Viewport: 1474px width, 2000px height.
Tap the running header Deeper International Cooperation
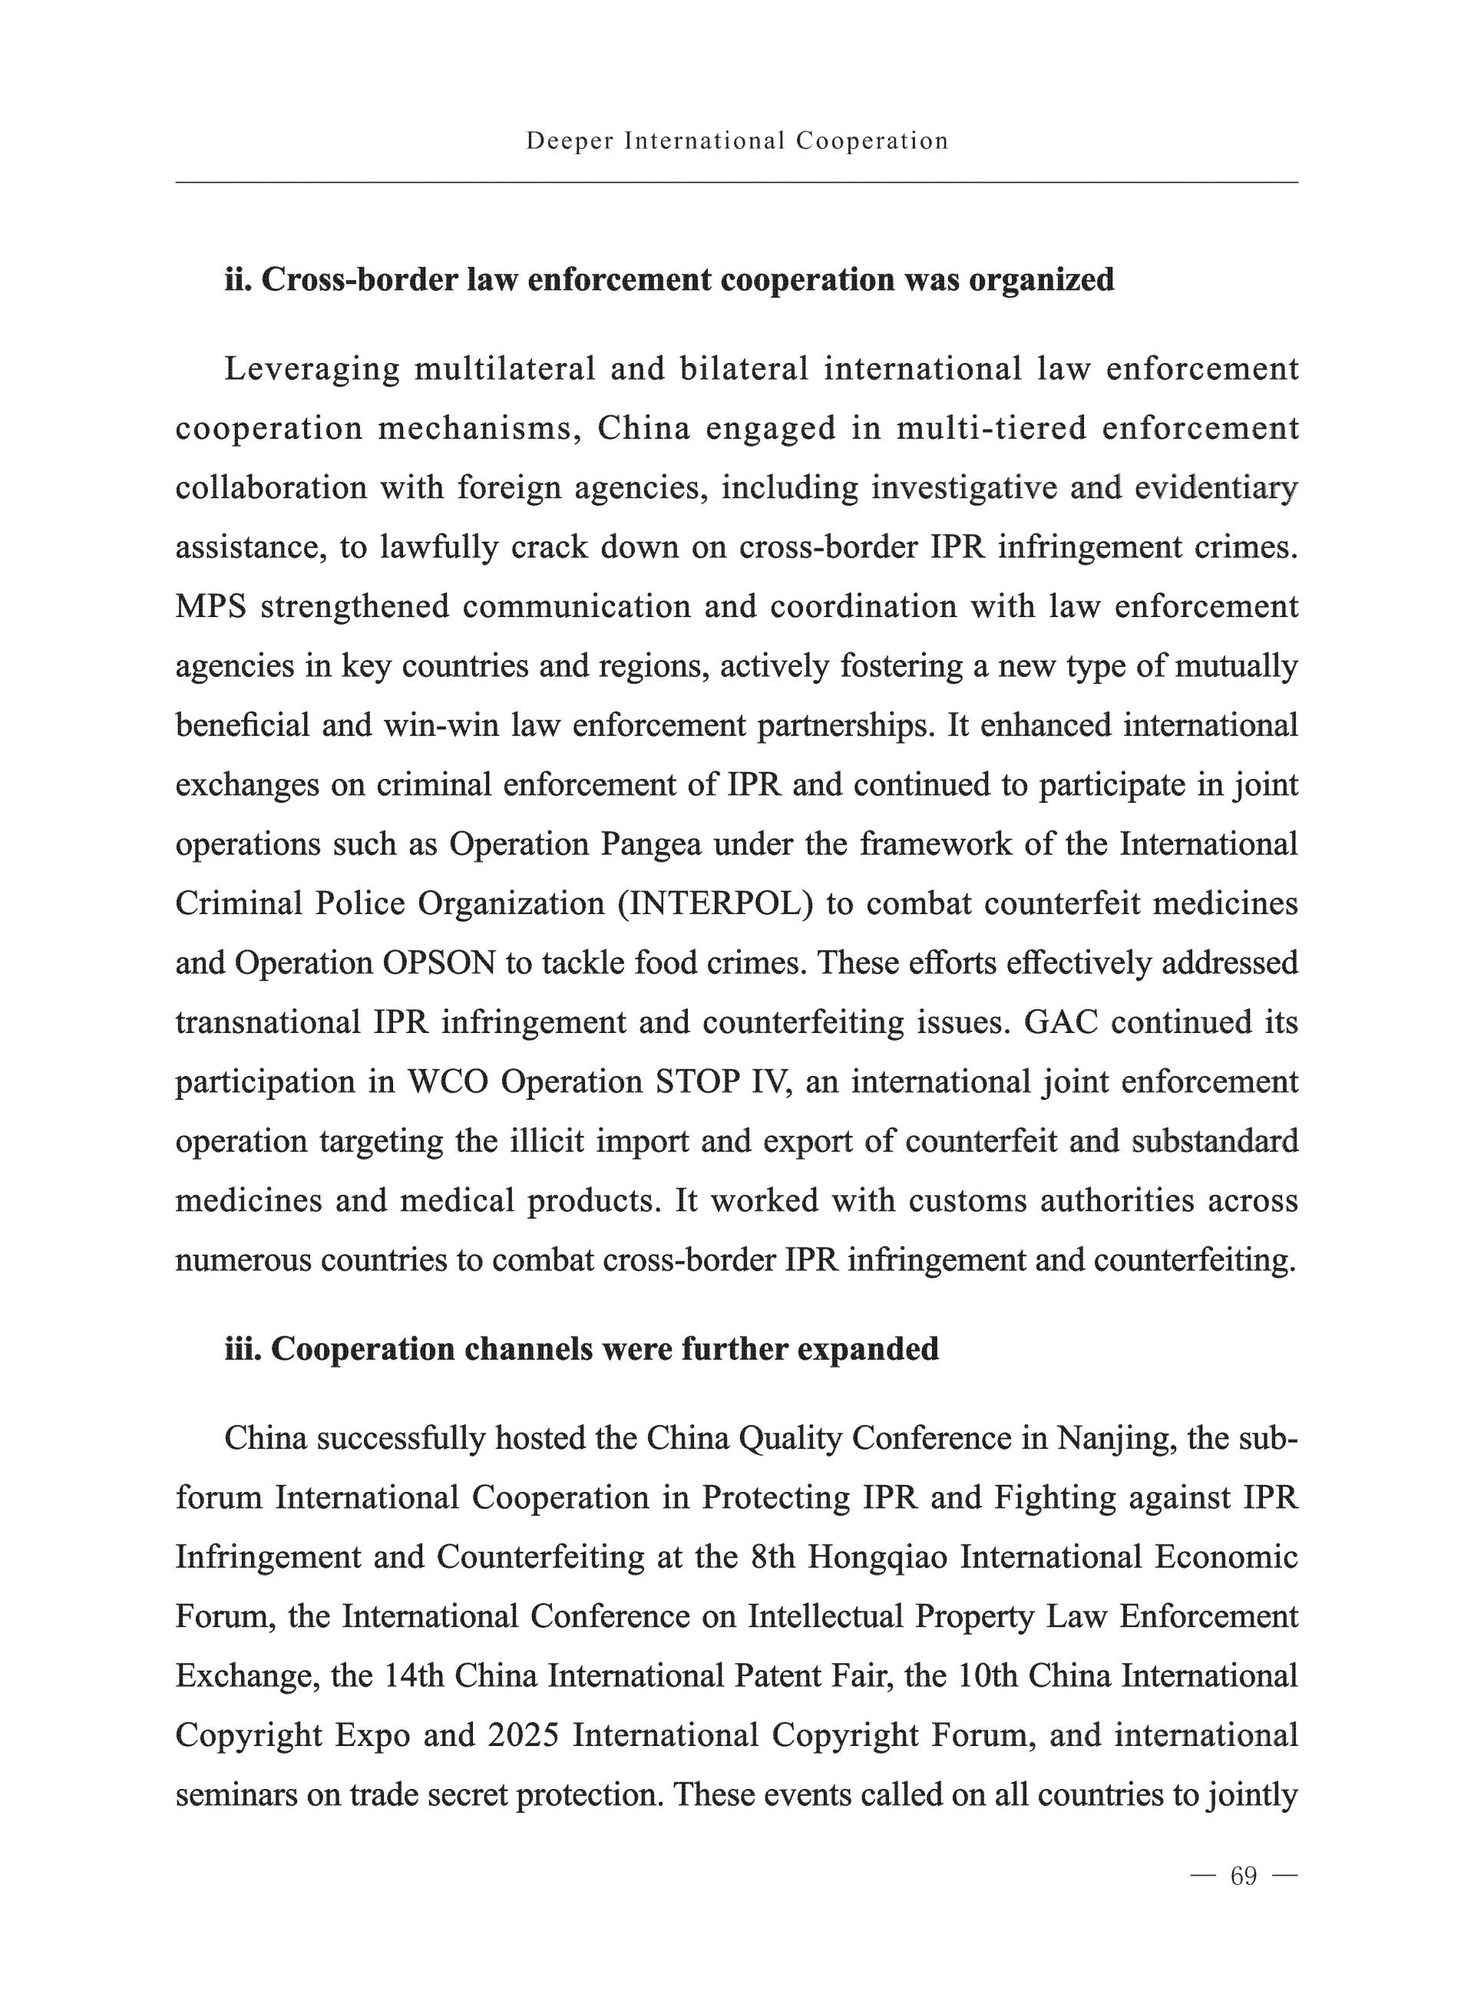(737, 141)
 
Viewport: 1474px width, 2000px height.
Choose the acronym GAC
(1061, 1022)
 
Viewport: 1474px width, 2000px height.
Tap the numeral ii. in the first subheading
(237, 280)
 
